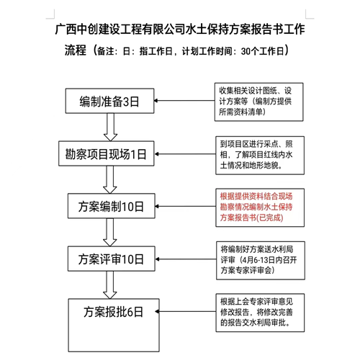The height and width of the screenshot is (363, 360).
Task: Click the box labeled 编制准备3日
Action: (x=109, y=101)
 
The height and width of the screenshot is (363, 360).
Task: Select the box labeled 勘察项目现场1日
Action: (x=107, y=153)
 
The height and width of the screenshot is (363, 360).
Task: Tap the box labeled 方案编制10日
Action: (x=112, y=206)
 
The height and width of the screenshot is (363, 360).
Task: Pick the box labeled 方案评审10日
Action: (x=112, y=259)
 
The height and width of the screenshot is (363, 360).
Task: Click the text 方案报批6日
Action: (x=113, y=312)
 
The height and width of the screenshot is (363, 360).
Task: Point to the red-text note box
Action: (x=260, y=207)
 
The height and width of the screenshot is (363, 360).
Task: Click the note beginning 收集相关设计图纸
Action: (x=258, y=102)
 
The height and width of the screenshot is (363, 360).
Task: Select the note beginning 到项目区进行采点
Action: (x=260, y=156)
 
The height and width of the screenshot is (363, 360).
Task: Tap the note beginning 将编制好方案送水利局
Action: (x=261, y=261)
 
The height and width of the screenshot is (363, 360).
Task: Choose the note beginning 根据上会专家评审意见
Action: (x=260, y=313)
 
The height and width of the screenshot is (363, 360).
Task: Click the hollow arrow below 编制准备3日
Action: (x=110, y=127)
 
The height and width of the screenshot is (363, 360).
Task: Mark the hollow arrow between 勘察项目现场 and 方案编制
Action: (x=110, y=179)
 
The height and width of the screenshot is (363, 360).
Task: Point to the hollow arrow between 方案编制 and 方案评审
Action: (x=110, y=232)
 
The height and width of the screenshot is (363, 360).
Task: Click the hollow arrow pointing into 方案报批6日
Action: (x=110, y=285)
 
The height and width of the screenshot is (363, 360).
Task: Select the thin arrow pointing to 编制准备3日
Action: (x=184, y=101)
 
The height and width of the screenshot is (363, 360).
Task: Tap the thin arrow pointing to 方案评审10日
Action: (x=186, y=259)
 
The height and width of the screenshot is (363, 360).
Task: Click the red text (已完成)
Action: (x=270, y=218)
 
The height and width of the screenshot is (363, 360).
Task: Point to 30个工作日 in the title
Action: (x=263, y=51)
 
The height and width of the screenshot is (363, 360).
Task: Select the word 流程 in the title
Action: (x=76, y=50)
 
